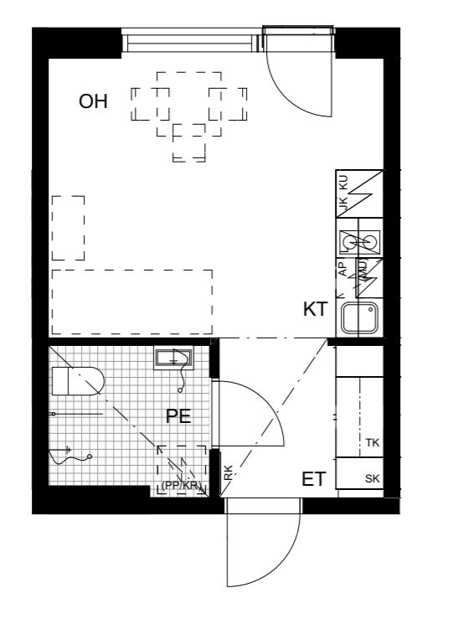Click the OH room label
click(93, 102)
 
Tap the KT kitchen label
click(315, 309)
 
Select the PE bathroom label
click(178, 416)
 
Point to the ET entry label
click(313, 480)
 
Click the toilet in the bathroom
click(76, 381)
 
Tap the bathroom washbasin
click(173, 358)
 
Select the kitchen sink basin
click(360, 317)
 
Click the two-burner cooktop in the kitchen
click(360, 242)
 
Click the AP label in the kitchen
click(342, 269)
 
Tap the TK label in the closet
click(373, 442)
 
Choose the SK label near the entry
click(373, 479)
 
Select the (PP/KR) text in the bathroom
click(181, 485)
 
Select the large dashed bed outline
click(132, 302)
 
